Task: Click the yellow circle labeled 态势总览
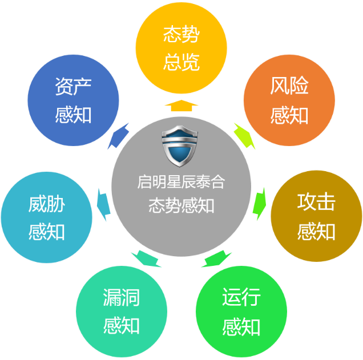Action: [181, 48]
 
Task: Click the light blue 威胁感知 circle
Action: [47, 217]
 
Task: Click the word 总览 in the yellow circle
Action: [181, 61]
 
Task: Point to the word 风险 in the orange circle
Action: [289, 87]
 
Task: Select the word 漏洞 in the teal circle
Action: [122, 298]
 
